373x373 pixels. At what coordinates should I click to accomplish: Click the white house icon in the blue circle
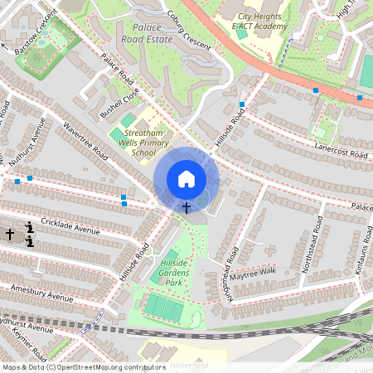pos(186,179)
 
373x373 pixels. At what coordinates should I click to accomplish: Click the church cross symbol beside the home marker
pos(186,207)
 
